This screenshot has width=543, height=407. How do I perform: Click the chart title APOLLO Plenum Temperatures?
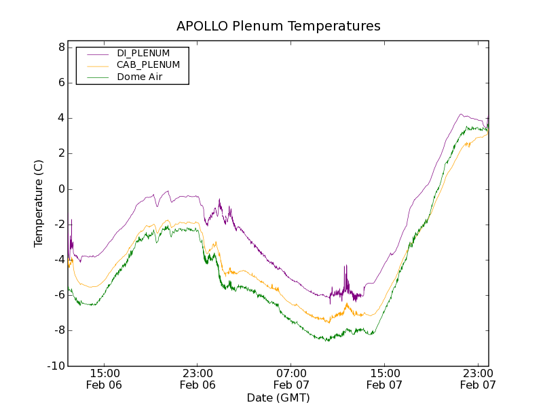[278, 26]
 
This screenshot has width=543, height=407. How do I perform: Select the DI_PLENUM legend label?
[143, 53]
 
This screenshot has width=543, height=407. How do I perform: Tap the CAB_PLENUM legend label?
[148, 65]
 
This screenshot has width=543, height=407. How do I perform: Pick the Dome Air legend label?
[139, 77]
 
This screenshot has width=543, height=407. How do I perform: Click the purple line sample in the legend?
[98, 53]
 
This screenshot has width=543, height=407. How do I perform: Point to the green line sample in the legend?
[98, 77]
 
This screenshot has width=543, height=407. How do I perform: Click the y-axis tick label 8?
[61, 47]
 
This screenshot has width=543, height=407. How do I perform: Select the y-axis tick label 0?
[61, 189]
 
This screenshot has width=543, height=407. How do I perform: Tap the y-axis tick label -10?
[56, 366]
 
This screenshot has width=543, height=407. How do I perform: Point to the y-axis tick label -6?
[58, 295]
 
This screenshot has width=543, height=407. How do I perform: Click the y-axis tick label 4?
[61, 118]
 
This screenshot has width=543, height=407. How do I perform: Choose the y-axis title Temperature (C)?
[39, 203]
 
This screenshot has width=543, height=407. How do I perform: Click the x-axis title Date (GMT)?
[278, 398]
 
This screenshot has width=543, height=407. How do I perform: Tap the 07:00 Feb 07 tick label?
[291, 379]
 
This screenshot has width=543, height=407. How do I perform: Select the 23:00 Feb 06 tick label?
[198, 379]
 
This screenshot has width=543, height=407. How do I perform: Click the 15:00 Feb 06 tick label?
[105, 379]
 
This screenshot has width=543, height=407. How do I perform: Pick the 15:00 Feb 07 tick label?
[384, 379]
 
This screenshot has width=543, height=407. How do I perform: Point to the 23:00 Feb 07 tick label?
[478, 379]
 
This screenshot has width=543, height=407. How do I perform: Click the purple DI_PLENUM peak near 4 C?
[461, 114]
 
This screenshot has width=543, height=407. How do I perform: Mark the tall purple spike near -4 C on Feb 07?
[345, 267]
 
